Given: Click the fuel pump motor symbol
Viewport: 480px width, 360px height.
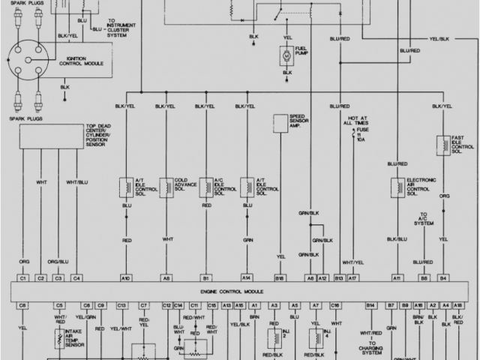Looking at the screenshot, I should pyautogui.click(x=285, y=55).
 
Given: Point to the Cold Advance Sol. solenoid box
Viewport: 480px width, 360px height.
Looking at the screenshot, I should pyautogui.click(x=165, y=187).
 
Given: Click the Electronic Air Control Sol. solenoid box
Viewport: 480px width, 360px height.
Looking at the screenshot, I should pyautogui.click(x=394, y=187).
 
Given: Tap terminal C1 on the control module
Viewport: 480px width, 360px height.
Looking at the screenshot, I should pyautogui.click(x=22, y=278).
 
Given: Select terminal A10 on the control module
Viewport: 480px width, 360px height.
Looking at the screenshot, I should pyautogui.click(x=125, y=278).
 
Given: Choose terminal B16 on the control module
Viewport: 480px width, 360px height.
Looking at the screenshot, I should pyautogui.click(x=280, y=278).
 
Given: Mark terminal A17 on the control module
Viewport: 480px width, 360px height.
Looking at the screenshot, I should pyautogui.click(x=353, y=278).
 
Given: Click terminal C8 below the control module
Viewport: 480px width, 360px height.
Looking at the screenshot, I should pyautogui.click(x=22, y=305).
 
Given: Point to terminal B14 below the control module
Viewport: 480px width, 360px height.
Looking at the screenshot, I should pyautogui.click(x=370, y=305).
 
